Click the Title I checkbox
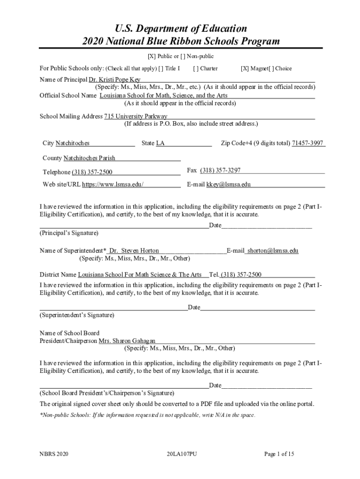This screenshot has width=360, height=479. click(x=161, y=69)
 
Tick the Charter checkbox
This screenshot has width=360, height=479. click(x=195, y=69)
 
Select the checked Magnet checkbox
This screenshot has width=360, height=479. click(x=244, y=69)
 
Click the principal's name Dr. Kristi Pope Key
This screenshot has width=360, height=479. click(x=111, y=80)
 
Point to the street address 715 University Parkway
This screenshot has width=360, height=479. click(x=136, y=116)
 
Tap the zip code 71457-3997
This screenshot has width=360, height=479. click(x=308, y=143)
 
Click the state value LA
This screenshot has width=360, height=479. click(x=160, y=143)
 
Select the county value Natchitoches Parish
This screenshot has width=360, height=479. click(x=89, y=158)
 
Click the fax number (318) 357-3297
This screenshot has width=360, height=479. click(x=220, y=170)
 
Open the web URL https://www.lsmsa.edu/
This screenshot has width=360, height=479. click(x=113, y=184)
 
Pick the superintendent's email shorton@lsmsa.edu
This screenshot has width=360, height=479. click(x=273, y=251)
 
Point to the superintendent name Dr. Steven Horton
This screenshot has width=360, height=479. click(x=134, y=251)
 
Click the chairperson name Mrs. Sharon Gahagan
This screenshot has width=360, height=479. click(x=127, y=341)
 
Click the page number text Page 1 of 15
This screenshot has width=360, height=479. click(x=279, y=454)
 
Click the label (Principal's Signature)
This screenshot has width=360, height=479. click(x=69, y=232)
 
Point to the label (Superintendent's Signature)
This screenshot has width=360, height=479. click(x=77, y=315)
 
